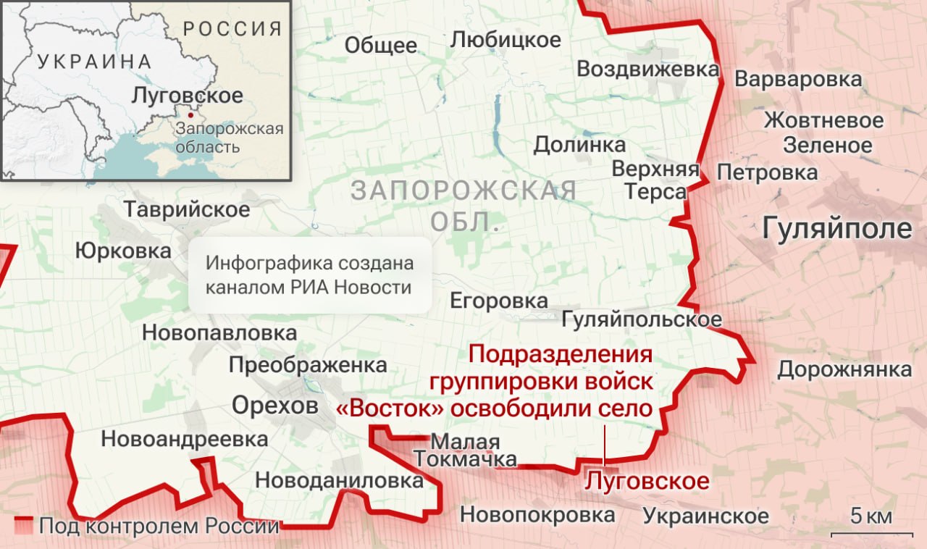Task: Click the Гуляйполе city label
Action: (x=837, y=229)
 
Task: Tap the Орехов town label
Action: (x=274, y=406)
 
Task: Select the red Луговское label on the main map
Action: (x=647, y=481)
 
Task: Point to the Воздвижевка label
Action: (x=647, y=70)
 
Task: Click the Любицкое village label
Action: (x=506, y=39)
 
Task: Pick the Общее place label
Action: (x=380, y=46)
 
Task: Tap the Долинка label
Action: (x=579, y=145)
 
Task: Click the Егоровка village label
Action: (x=499, y=301)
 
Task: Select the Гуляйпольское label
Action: (x=642, y=319)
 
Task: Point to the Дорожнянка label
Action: (x=844, y=369)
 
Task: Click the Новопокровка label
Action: (x=537, y=516)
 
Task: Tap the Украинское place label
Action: (x=705, y=516)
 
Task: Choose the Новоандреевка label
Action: (x=184, y=439)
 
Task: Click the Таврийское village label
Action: (x=187, y=210)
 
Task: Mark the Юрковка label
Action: (x=123, y=251)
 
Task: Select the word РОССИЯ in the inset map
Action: (x=232, y=29)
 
